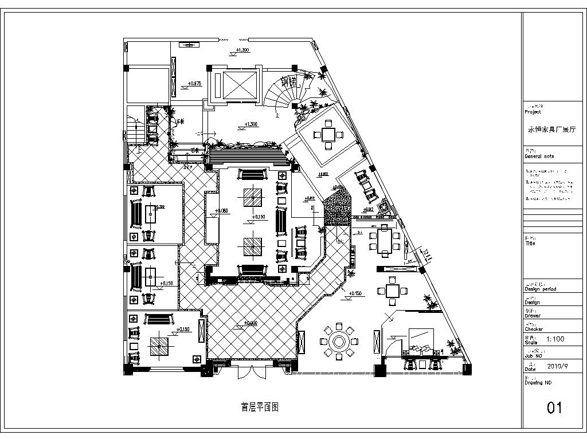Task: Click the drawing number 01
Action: tap(554, 407)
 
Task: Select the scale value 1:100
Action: tap(555, 339)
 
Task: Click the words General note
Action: tap(539, 156)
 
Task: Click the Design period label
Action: tap(540, 289)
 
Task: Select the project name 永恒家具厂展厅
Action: tap(554, 130)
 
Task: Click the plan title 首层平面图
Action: tap(259, 407)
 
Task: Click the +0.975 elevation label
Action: tap(195, 84)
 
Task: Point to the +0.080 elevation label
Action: tap(221, 211)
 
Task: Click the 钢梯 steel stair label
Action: tap(289, 81)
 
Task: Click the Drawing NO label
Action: tap(538, 382)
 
